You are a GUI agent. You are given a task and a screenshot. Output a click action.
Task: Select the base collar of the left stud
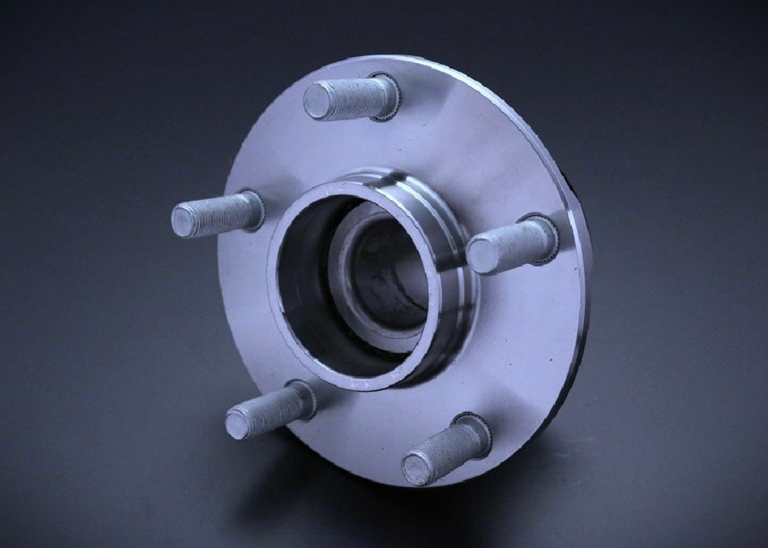click(255, 208)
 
